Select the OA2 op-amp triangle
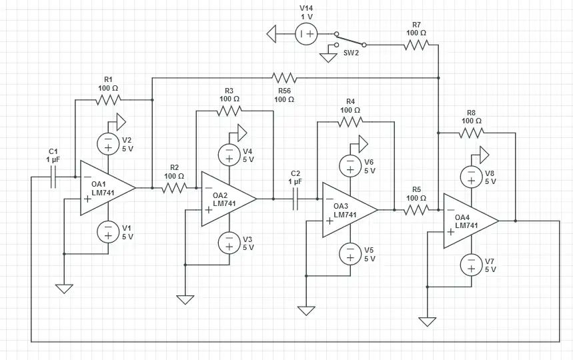coord(227,199)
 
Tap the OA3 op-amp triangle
coord(348,210)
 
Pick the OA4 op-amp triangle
coord(469,221)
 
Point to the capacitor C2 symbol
coord(296,199)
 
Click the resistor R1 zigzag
coord(107,100)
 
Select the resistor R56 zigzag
coord(283,77)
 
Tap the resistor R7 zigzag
coord(416,45)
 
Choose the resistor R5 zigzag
coord(416,210)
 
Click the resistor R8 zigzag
coord(471,133)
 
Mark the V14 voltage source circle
coord(307,33)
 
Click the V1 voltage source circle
coord(107,232)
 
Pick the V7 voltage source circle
coord(471,265)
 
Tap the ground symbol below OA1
coord(64,289)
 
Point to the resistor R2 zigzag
coord(173,188)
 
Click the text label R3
coord(229,90)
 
